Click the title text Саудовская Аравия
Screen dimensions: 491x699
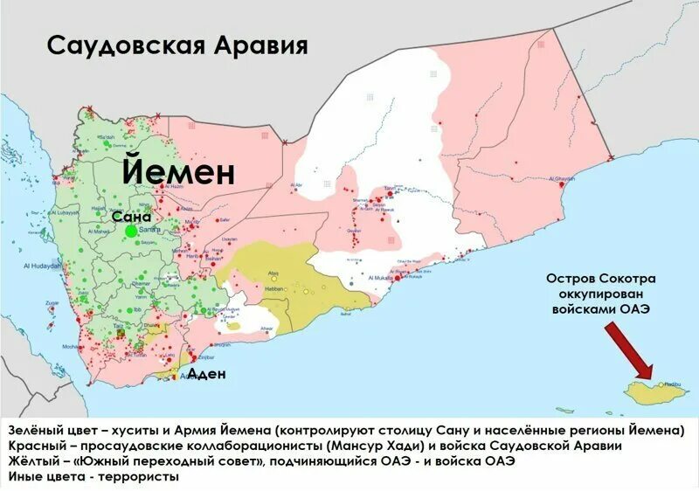pyautogui.click(x=177, y=45)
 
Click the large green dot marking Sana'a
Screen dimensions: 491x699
pyautogui.click(x=131, y=231)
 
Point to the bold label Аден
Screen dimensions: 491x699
pyautogui.click(x=207, y=374)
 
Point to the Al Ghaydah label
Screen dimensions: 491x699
pyautogui.click(x=564, y=179)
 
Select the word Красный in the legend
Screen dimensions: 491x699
pyautogui.click(x=35, y=446)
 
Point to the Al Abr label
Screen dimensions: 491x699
pyautogui.click(x=298, y=185)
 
